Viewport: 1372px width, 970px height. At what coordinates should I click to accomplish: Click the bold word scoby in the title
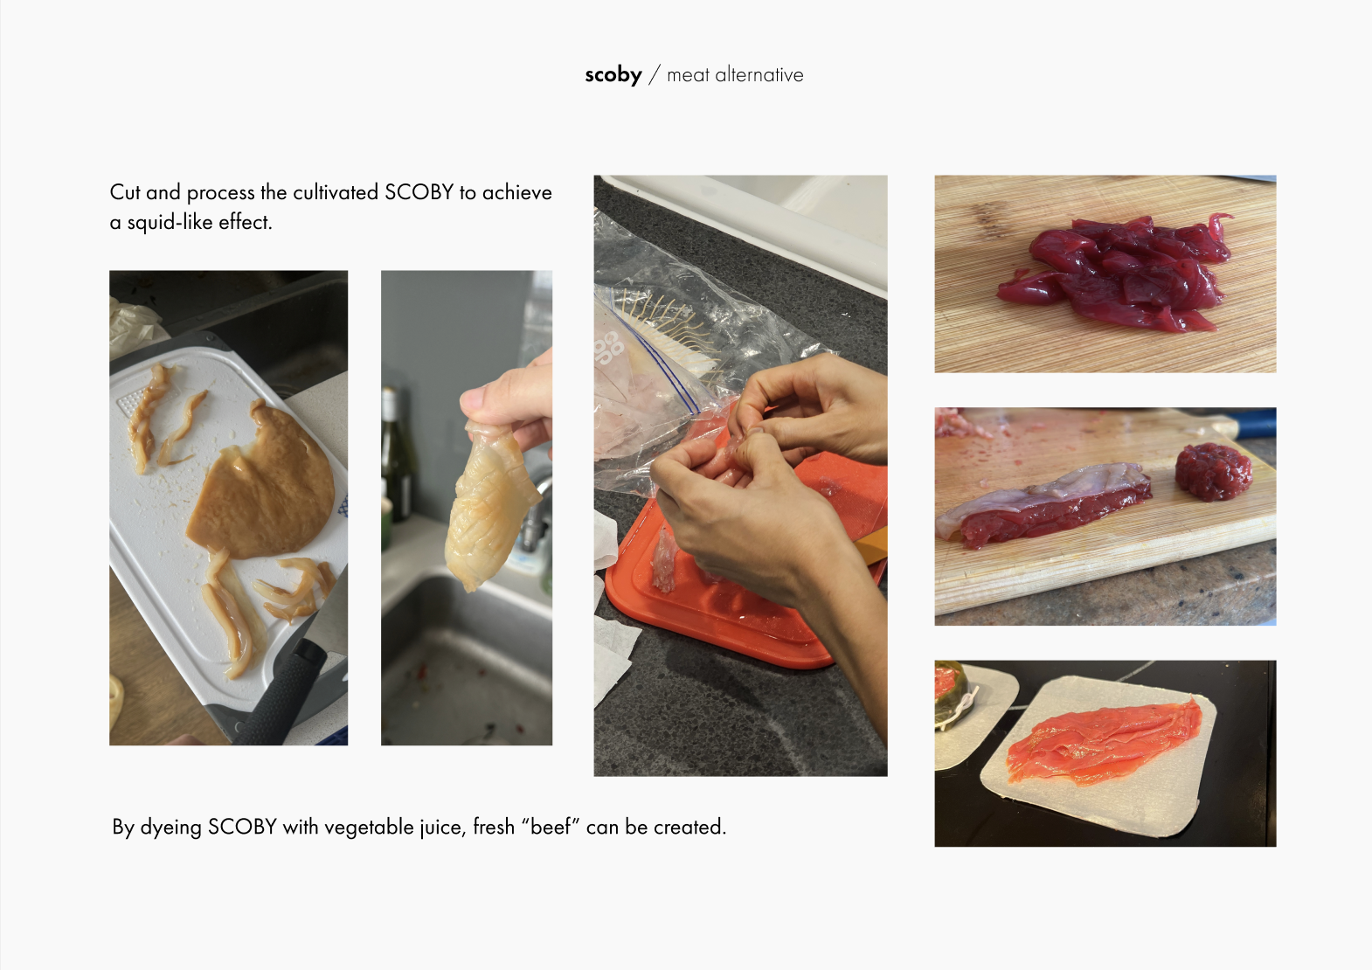point(613,74)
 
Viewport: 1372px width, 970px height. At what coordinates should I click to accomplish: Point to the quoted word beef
point(551,827)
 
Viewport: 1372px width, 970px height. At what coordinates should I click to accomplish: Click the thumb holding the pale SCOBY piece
point(484,400)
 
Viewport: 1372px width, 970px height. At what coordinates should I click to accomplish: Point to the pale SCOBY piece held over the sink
point(490,504)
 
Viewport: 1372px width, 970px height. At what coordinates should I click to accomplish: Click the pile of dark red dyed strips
point(1115,274)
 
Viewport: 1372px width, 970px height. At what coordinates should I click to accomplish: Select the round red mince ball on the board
point(1213,472)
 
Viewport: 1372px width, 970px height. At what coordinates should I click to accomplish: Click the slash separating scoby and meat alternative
point(655,74)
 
